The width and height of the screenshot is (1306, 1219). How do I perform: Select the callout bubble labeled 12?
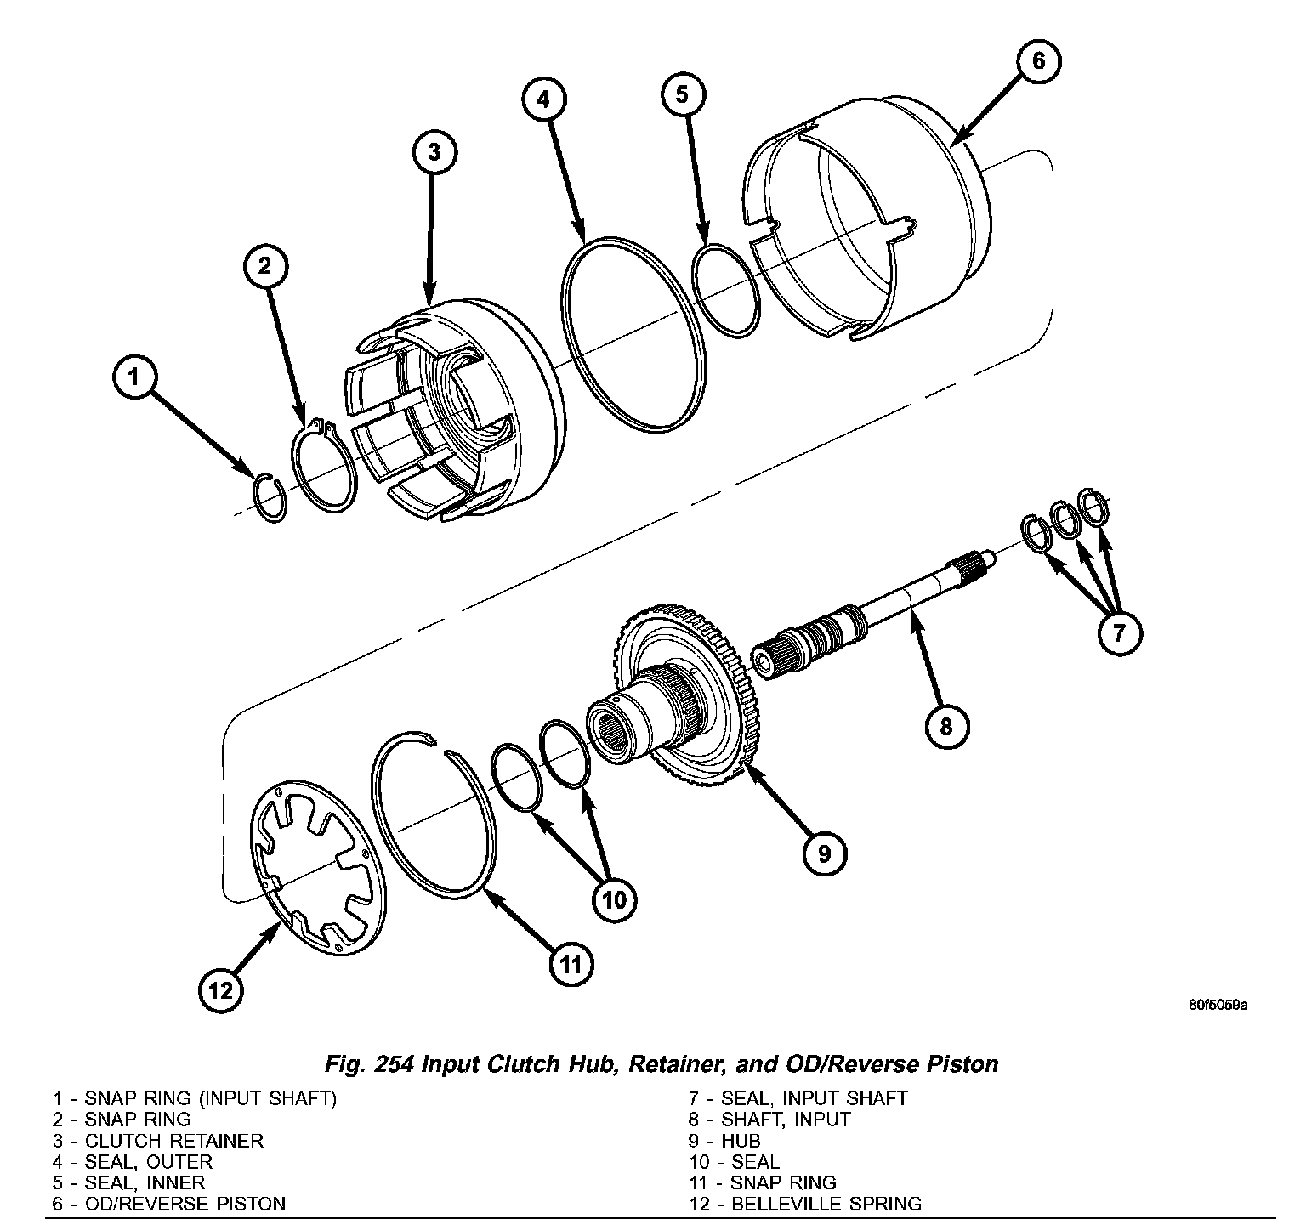221,989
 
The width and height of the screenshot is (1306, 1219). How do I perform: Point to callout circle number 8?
946,726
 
